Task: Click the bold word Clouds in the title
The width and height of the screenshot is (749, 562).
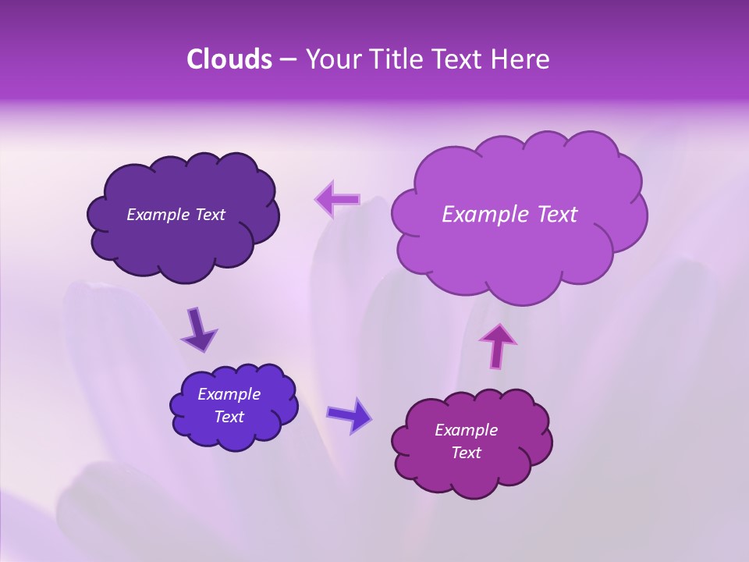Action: (x=229, y=59)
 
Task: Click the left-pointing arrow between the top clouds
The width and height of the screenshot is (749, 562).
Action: (x=338, y=200)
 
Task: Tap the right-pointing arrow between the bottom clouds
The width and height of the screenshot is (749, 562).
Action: (x=349, y=414)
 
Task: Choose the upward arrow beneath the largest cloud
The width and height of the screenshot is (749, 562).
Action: (x=498, y=344)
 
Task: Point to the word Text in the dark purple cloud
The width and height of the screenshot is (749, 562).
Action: (x=209, y=215)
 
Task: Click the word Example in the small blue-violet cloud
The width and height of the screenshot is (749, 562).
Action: (x=229, y=394)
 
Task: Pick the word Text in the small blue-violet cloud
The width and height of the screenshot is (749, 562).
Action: (x=229, y=417)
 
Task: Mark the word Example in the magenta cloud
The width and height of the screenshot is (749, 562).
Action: (x=466, y=430)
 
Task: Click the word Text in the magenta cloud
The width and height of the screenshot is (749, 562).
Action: (x=466, y=453)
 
